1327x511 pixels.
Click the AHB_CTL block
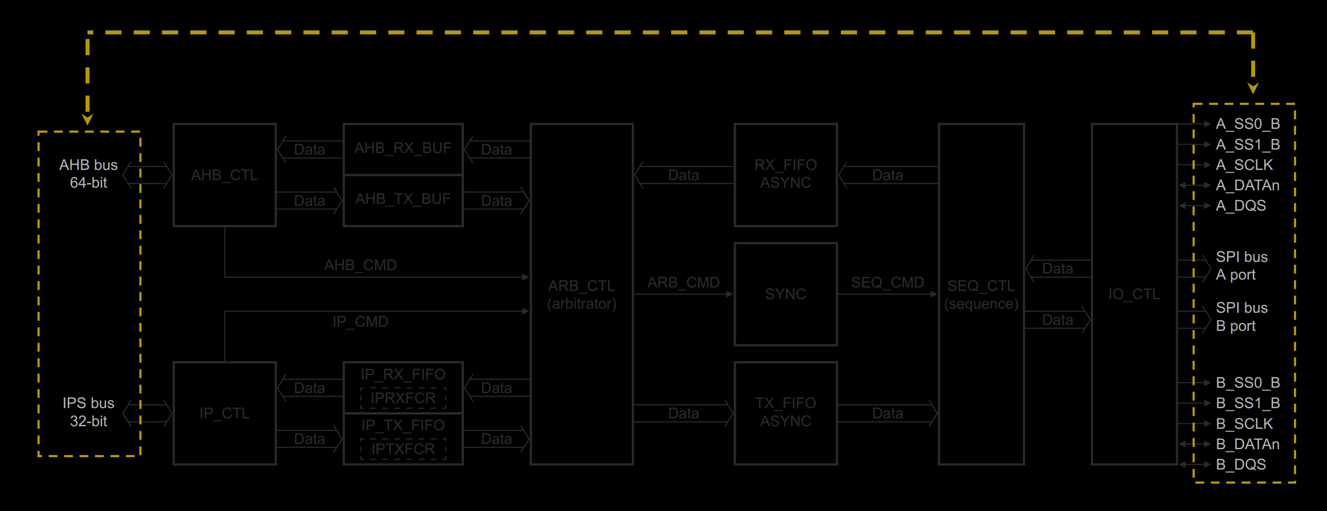click(x=224, y=175)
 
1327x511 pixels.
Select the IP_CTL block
click(x=224, y=413)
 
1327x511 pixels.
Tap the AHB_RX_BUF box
click(x=403, y=148)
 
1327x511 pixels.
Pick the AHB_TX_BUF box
click(x=403, y=199)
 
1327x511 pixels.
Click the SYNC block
click(x=785, y=294)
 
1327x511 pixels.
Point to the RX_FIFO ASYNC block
click(x=785, y=174)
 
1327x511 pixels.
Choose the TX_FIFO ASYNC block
click(x=785, y=412)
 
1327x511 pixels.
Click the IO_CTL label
click(x=1134, y=294)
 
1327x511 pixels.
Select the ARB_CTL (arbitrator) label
click(x=581, y=295)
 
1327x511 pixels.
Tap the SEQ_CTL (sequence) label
click(x=981, y=295)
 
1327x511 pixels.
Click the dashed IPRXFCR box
click(x=403, y=398)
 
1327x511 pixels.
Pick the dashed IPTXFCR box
click(x=403, y=449)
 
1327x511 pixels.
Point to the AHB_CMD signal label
click(x=360, y=265)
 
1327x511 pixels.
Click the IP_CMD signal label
click(x=360, y=322)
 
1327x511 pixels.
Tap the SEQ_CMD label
click(x=887, y=283)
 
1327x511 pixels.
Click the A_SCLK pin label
click(x=1244, y=165)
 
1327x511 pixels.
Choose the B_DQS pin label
click(x=1241, y=465)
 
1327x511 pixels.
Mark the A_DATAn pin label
click(x=1247, y=186)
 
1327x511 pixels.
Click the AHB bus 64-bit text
click(x=89, y=174)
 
